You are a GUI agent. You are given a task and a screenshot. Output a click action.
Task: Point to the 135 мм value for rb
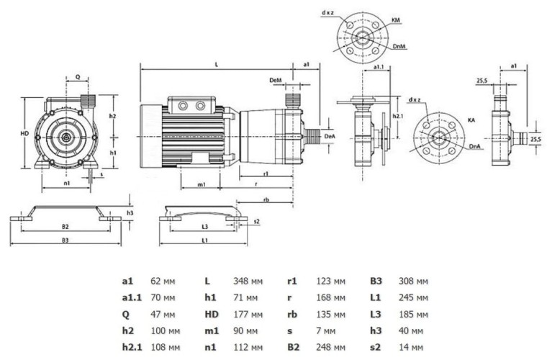click(331, 313)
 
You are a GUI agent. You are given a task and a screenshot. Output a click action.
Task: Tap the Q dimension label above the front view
click(77, 76)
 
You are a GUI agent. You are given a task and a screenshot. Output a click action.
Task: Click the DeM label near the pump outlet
click(274, 79)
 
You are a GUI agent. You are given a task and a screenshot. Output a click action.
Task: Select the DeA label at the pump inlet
click(330, 135)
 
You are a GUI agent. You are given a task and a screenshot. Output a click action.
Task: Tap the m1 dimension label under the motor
click(202, 185)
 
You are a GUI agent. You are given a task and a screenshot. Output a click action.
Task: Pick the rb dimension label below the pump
click(266, 199)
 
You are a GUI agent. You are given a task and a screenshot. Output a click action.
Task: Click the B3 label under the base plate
click(65, 238)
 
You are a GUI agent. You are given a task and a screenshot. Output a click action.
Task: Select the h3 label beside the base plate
click(130, 213)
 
